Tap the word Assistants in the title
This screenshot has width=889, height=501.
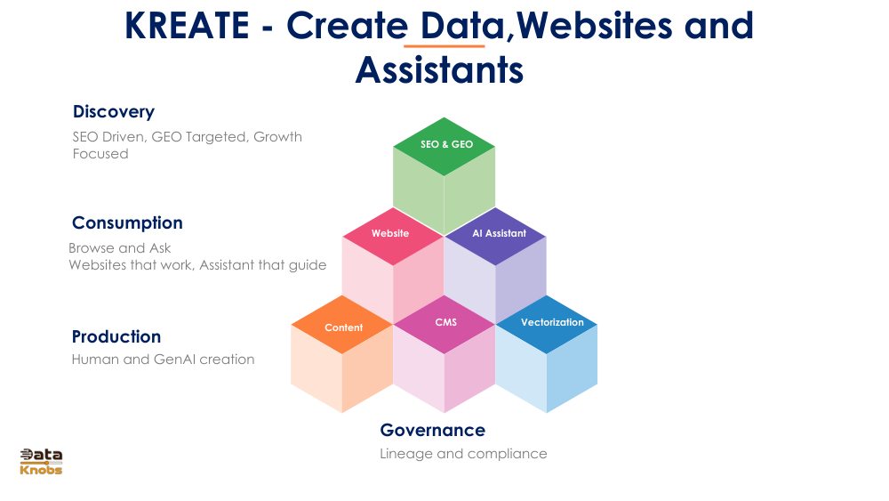(x=439, y=69)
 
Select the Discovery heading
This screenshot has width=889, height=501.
(x=114, y=111)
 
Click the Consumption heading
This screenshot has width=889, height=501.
(x=127, y=222)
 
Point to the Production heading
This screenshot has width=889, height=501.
(x=116, y=336)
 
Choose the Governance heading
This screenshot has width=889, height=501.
(x=433, y=430)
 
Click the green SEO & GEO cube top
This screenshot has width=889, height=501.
(x=444, y=144)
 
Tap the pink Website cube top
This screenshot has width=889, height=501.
(x=391, y=234)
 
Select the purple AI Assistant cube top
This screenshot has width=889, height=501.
(x=496, y=234)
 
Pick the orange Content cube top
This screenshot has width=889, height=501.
(x=343, y=327)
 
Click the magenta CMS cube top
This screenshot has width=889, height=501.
(x=445, y=323)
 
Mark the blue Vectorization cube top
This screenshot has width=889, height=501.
(x=548, y=323)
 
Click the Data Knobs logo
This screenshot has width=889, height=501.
(x=42, y=461)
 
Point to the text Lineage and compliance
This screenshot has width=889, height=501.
(x=463, y=454)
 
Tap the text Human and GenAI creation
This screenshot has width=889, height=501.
(x=164, y=360)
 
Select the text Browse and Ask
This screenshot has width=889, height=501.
(x=120, y=248)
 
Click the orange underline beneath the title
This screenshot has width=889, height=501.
(x=444, y=45)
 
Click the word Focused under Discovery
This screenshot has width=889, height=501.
(x=100, y=154)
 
